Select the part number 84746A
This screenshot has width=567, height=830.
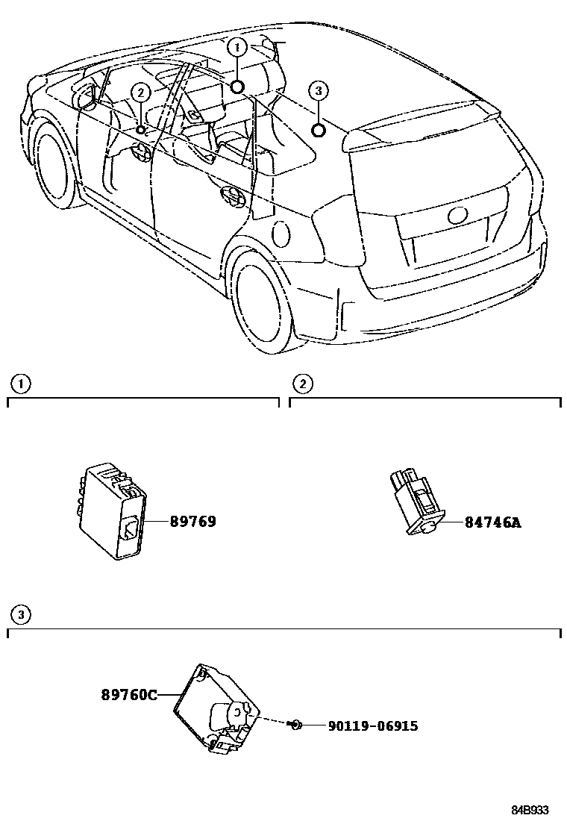pos(492,522)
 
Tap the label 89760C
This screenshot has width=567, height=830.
pos(129,695)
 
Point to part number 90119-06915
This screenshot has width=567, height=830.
pos(372,726)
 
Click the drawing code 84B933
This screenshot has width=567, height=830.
pos(530,810)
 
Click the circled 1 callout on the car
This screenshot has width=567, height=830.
pos(238,47)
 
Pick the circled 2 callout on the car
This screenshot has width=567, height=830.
pos(141,92)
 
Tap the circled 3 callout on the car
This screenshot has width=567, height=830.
pos(318,91)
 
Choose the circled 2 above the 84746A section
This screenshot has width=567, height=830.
pos(302,384)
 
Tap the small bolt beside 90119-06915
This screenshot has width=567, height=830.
pos(296,724)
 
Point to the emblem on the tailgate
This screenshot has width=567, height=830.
pos(457,216)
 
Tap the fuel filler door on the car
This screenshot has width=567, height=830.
pos(282,234)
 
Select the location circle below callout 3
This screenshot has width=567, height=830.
pos(318,131)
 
